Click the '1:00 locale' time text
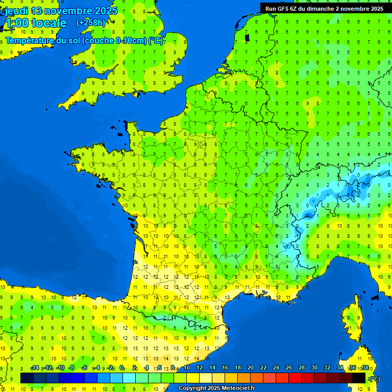click(35, 23)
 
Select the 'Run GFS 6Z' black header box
click(326, 8)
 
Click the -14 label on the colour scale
click(35, 368)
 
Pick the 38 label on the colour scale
click(365, 368)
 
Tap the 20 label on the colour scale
click(250, 368)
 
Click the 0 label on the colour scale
click(121, 368)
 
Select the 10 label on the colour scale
click(186, 368)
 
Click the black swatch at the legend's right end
click(359, 378)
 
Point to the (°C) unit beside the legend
click(374, 379)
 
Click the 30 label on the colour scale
click(314, 368)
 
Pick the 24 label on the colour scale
click(276, 368)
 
